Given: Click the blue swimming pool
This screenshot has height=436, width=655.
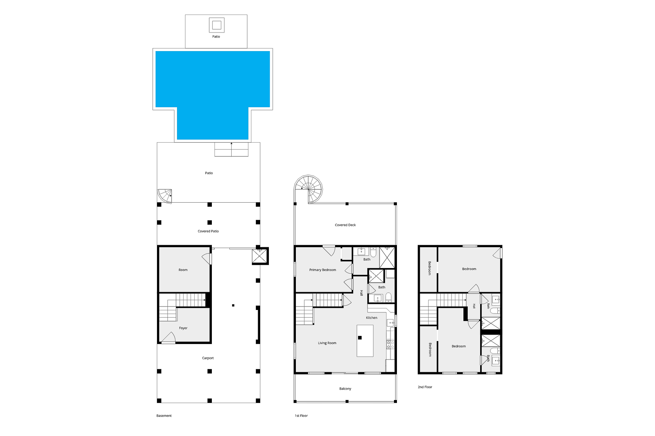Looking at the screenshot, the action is [212, 83].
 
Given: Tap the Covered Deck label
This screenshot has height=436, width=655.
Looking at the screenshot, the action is [345, 225].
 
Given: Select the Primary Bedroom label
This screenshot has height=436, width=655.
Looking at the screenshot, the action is [322, 270].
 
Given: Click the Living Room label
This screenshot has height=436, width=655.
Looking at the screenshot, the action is [327, 343].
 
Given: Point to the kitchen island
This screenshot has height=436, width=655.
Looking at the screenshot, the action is [365, 341].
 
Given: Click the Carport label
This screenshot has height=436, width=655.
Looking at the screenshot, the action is [208, 358].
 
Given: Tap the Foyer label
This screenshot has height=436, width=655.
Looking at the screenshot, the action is [183, 328].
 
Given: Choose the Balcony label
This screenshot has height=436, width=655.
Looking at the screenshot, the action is [345, 389].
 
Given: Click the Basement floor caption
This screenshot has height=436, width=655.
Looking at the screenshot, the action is [164, 416].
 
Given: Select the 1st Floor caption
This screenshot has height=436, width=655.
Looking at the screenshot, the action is [301, 416].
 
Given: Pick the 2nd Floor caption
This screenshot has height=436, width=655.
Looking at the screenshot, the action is [425, 387].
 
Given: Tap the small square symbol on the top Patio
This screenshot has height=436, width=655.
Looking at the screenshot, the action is [217, 25].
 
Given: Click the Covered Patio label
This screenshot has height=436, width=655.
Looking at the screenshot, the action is [208, 231].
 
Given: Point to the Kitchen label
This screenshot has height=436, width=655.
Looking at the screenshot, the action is [371, 318].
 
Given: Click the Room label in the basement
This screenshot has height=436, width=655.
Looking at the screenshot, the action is [183, 270].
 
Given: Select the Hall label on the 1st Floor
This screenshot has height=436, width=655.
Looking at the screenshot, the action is [361, 293].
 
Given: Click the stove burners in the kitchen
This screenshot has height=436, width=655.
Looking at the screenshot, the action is [390, 345].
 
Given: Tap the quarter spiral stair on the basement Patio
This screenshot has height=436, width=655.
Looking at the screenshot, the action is [165, 196].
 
